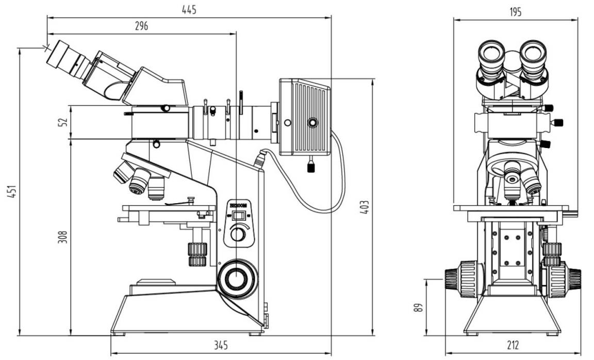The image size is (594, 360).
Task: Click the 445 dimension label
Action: (189, 9)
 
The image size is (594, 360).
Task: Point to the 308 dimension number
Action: (62, 237)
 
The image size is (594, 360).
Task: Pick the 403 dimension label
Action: (365, 207)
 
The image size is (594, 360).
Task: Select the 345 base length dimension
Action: (221, 345)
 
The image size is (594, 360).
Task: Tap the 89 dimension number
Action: (418, 307)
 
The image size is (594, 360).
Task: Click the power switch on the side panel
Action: (238, 216)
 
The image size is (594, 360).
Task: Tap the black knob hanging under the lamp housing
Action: (311, 166)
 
